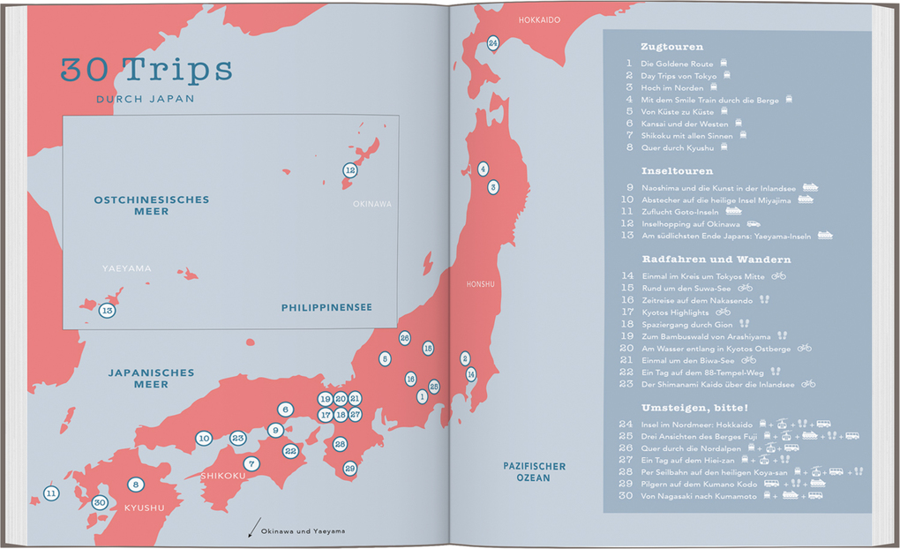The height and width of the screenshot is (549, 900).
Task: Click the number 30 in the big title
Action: tap(86, 69)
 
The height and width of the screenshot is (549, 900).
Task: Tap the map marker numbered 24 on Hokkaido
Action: tap(493, 43)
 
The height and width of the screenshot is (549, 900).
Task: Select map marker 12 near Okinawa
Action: tap(349, 170)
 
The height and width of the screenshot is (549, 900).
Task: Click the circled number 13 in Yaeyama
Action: tap(107, 311)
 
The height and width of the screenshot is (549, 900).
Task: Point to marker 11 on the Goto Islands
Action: tap(51, 493)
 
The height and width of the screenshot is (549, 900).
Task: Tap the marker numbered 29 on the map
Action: tap(350, 469)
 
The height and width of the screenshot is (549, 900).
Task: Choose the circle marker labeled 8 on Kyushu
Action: tap(135, 484)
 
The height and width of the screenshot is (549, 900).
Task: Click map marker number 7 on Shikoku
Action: tap(251, 463)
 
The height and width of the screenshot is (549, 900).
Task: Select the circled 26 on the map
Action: tap(404, 338)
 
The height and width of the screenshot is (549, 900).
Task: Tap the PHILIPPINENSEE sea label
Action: tap(326, 307)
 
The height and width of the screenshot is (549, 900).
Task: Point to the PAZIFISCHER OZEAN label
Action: tap(535, 471)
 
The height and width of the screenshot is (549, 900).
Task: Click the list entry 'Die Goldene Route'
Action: tap(678, 64)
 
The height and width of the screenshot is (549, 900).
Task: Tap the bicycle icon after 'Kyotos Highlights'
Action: tap(724, 312)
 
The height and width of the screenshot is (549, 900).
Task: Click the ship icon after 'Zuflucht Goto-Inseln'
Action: tap(733, 212)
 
